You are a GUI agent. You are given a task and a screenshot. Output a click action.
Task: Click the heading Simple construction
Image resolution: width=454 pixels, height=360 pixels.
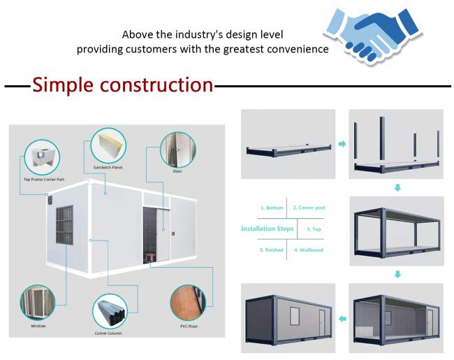click(x=122, y=85)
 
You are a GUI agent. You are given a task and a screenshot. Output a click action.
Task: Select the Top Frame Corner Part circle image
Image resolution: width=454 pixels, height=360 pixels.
click(x=42, y=158)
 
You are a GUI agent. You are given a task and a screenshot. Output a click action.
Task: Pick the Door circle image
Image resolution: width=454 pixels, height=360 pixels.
click(x=177, y=149)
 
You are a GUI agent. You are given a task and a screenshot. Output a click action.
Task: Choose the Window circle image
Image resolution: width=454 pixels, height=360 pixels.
click(x=38, y=302)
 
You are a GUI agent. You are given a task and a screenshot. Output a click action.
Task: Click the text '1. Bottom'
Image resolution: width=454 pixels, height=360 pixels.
click(x=272, y=208)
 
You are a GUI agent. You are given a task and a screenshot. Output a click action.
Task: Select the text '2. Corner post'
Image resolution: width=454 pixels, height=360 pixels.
click(x=309, y=208)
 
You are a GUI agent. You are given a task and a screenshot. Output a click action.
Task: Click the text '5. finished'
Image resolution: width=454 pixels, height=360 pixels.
click(x=271, y=250)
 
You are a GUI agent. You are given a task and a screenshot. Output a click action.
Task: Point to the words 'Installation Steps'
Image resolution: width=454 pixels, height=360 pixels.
click(x=265, y=229)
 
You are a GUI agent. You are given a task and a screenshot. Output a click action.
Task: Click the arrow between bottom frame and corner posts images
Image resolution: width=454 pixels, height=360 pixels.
click(x=342, y=144)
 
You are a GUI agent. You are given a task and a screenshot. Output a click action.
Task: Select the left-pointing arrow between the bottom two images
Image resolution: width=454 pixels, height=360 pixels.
click(x=342, y=319)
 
